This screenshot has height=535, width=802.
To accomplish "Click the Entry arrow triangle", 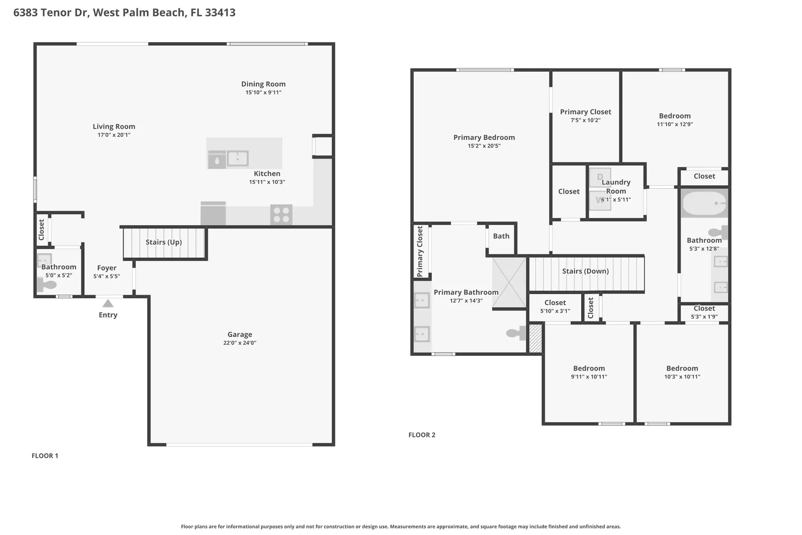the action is (x=108, y=304).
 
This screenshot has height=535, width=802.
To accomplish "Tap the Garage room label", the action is (x=240, y=334).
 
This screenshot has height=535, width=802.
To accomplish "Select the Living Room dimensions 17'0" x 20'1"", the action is (x=114, y=135).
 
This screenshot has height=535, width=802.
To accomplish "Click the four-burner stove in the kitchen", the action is (x=281, y=214).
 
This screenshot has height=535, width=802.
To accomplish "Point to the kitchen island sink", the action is (x=238, y=158).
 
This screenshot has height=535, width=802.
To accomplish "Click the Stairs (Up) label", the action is (x=164, y=242).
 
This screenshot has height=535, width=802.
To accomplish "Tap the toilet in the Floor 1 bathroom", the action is (x=47, y=285).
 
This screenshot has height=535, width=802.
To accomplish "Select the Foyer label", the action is (x=107, y=267).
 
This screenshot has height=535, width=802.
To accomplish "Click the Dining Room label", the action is (x=263, y=84).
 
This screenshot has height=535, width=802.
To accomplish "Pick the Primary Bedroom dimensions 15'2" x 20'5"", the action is (x=484, y=146).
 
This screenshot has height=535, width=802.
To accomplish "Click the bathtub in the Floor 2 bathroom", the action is (x=704, y=203).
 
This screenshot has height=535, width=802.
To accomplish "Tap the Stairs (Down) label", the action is (x=585, y=271).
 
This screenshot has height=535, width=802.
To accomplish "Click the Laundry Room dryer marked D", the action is (x=600, y=177).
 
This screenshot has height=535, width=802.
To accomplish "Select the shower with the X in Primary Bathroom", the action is (x=509, y=283).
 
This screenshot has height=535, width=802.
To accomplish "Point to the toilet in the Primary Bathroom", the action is (x=516, y=333).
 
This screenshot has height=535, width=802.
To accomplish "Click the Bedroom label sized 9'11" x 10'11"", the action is (x=589, y=369).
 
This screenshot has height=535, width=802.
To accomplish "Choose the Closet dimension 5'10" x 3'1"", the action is (x=555, y=311).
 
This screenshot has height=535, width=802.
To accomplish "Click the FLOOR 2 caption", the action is (x=422, y=434).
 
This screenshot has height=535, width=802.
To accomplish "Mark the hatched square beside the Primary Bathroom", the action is (x=535, y=338).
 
